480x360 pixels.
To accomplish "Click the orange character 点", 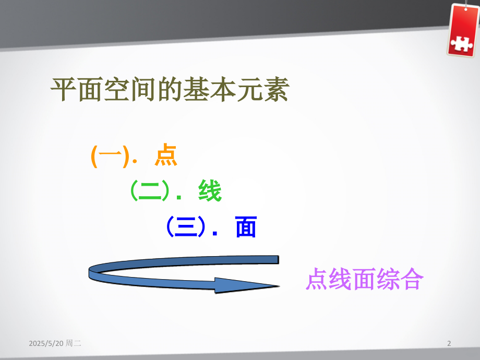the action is click(165, 155).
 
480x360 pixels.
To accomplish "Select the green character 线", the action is click(210, 191).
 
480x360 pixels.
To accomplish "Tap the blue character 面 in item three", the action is click(246, 227).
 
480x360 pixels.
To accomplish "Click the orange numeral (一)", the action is click(110, 156).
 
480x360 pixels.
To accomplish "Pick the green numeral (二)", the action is click(150, 191).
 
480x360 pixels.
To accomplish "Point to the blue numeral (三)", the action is click(186, 227).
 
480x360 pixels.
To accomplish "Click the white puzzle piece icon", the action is click(462, 44).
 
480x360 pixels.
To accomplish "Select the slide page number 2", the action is click(449, 343).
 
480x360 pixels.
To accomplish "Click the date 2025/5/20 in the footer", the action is click(46, 343).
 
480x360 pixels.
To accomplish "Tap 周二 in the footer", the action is click(74, 343).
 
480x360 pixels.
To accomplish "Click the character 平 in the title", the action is click(64, 89).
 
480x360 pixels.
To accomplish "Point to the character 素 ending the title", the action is click(276, 89).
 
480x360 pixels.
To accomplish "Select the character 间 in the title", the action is click(143, 89).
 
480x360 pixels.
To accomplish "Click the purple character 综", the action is click(388, 279).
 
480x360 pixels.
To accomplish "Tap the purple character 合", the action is click(412, 279).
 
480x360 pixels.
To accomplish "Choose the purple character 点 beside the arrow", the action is click(317, 279).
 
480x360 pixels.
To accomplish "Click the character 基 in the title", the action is click(197, 89).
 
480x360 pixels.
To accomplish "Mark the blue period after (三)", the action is click(215, 234).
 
